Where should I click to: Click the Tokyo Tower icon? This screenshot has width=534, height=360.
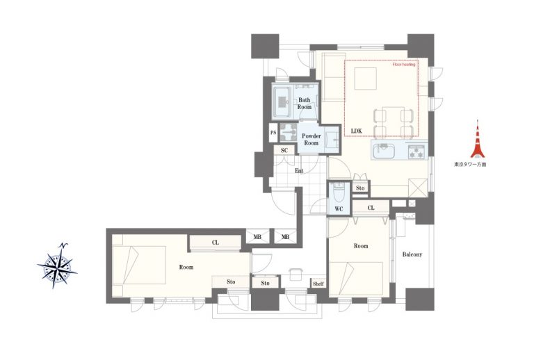478,140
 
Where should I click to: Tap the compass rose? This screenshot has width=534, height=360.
58,265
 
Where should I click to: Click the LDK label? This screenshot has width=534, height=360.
356,131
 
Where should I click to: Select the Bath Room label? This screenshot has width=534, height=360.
305,104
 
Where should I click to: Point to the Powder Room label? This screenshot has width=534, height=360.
311,140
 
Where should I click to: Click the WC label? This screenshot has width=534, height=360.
339,209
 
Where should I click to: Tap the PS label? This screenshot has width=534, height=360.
273,132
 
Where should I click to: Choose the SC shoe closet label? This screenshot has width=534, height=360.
284,150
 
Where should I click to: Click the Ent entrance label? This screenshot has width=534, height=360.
299,171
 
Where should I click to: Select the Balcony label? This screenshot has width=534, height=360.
412,254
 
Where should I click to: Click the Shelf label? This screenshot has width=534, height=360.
318,284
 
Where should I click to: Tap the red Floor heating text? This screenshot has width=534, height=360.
404,65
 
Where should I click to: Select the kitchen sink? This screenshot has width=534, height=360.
384,151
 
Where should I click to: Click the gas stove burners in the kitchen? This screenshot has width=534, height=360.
417,152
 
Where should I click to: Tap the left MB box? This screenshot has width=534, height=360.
257,236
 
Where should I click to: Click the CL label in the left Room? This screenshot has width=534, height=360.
216,243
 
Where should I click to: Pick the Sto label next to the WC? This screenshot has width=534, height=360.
360,188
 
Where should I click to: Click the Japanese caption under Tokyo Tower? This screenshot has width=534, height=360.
470,164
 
